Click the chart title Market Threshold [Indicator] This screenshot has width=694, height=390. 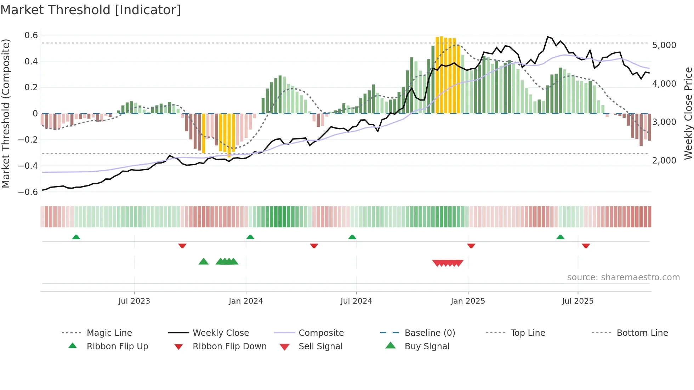point(91,10)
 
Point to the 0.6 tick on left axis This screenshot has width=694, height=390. point(31,35)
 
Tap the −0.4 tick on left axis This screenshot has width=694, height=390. point(28,166)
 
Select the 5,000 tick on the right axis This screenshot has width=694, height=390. point(664,45)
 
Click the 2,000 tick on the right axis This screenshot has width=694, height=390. point(664,161)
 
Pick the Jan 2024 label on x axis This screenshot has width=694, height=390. point(246,301)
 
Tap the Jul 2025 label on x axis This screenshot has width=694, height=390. point(578,301)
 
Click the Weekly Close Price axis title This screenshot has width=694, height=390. point(688,113)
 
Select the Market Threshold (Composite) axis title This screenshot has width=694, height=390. point(6,113)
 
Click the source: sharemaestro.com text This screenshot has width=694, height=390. point(623,277)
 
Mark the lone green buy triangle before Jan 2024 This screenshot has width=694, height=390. point(204,262)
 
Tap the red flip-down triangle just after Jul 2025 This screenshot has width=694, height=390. point(586,246)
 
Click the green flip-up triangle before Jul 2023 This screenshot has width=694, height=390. point(76,237)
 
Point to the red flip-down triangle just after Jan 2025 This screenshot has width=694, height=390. point(471,246)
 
